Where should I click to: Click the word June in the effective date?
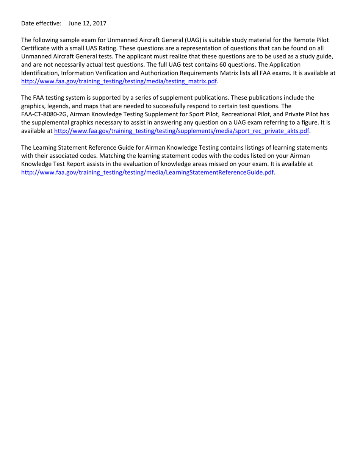tap(75, 23)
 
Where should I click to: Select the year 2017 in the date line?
tap(100, 23)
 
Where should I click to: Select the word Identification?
tap(39, 73)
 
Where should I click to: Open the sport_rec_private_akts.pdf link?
tap(182, 131)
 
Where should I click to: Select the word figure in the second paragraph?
tap(317, 123)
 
